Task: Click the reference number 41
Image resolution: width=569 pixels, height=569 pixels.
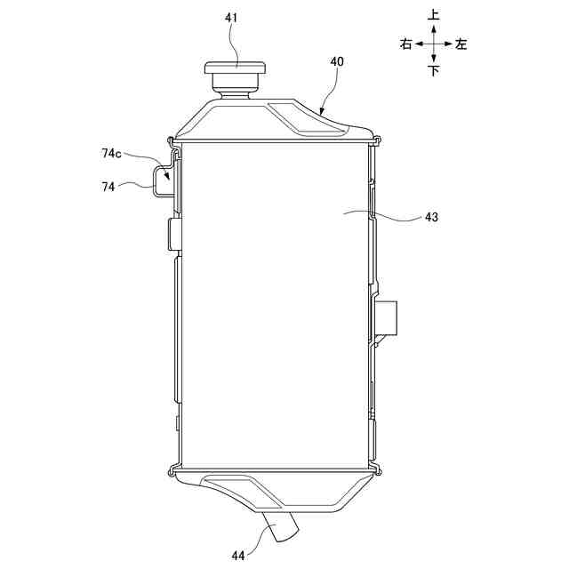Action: click(x=231, y=18)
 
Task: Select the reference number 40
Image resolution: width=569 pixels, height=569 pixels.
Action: click(x=337, y=61)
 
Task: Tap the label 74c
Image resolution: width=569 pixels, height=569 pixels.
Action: click(x=111, y=154)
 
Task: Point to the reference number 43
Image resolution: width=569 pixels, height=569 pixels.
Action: click(x=431, y=217)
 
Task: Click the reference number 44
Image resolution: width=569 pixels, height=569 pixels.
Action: click(x=238, y=556)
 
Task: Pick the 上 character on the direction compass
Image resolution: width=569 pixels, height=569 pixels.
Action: click(x=434, y=15)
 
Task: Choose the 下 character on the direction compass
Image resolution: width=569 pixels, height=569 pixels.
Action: click(x=434, y=70)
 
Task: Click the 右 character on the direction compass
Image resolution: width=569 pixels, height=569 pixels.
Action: click(x=406, y=44)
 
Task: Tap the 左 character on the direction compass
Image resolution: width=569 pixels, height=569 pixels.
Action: click(x=461, y=44)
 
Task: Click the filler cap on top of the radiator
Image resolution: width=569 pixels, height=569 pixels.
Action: click(x=235, y=68)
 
